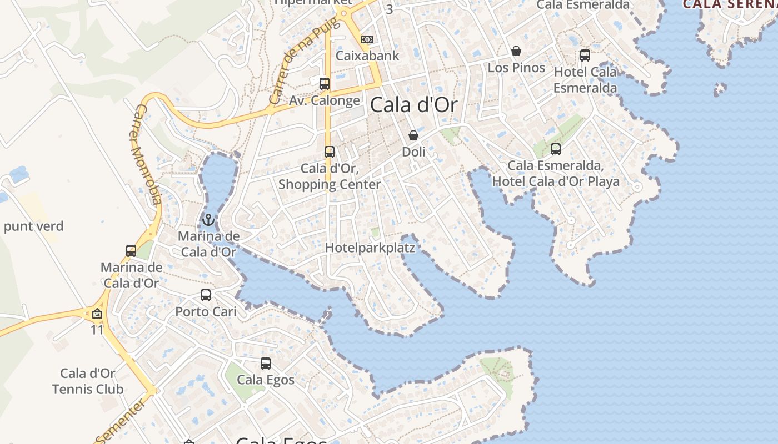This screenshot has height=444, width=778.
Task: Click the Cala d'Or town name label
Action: (x=413, y=104)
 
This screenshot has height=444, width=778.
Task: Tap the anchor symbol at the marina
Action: (x=208, y=220)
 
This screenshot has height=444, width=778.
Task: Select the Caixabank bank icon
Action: (x=367, y=39)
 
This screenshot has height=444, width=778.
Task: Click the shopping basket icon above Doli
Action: (x=413, y=135)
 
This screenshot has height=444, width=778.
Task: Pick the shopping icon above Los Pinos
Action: (x=516, y=52)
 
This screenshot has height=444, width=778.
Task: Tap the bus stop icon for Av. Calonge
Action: (x=325, y=84)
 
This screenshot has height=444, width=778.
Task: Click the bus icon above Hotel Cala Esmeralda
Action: (x=585, y=56)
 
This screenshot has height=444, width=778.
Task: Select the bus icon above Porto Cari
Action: (x=206, y=295)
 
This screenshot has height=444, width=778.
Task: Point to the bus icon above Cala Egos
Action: (x=266, y=364)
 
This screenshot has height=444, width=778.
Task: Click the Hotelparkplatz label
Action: (x=370, y=248)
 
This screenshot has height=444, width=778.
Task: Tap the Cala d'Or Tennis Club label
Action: (x=88, y=381)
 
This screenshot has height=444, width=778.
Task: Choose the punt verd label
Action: (x=33, y=226)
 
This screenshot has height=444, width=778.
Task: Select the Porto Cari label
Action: (x=206, y=312)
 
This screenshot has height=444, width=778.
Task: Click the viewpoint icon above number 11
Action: (x=97, y=314)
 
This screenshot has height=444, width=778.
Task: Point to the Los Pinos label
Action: (x=516, y=68)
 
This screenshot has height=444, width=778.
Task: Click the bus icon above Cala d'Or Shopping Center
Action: (x=330, y=152)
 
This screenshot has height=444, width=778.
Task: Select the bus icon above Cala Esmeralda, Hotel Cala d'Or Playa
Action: (x=555, y=149)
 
